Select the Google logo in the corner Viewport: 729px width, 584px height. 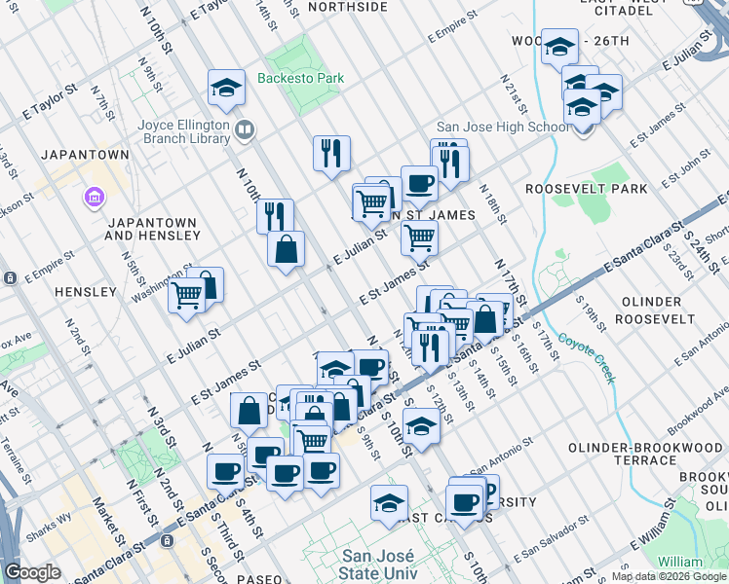pos(32,572)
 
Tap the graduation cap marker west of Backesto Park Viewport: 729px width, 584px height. pos(226,89)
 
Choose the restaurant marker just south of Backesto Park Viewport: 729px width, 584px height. pos(331,153)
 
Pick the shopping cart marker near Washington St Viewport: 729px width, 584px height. pos(186,294)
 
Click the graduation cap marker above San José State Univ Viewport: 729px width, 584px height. pos(389,503)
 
